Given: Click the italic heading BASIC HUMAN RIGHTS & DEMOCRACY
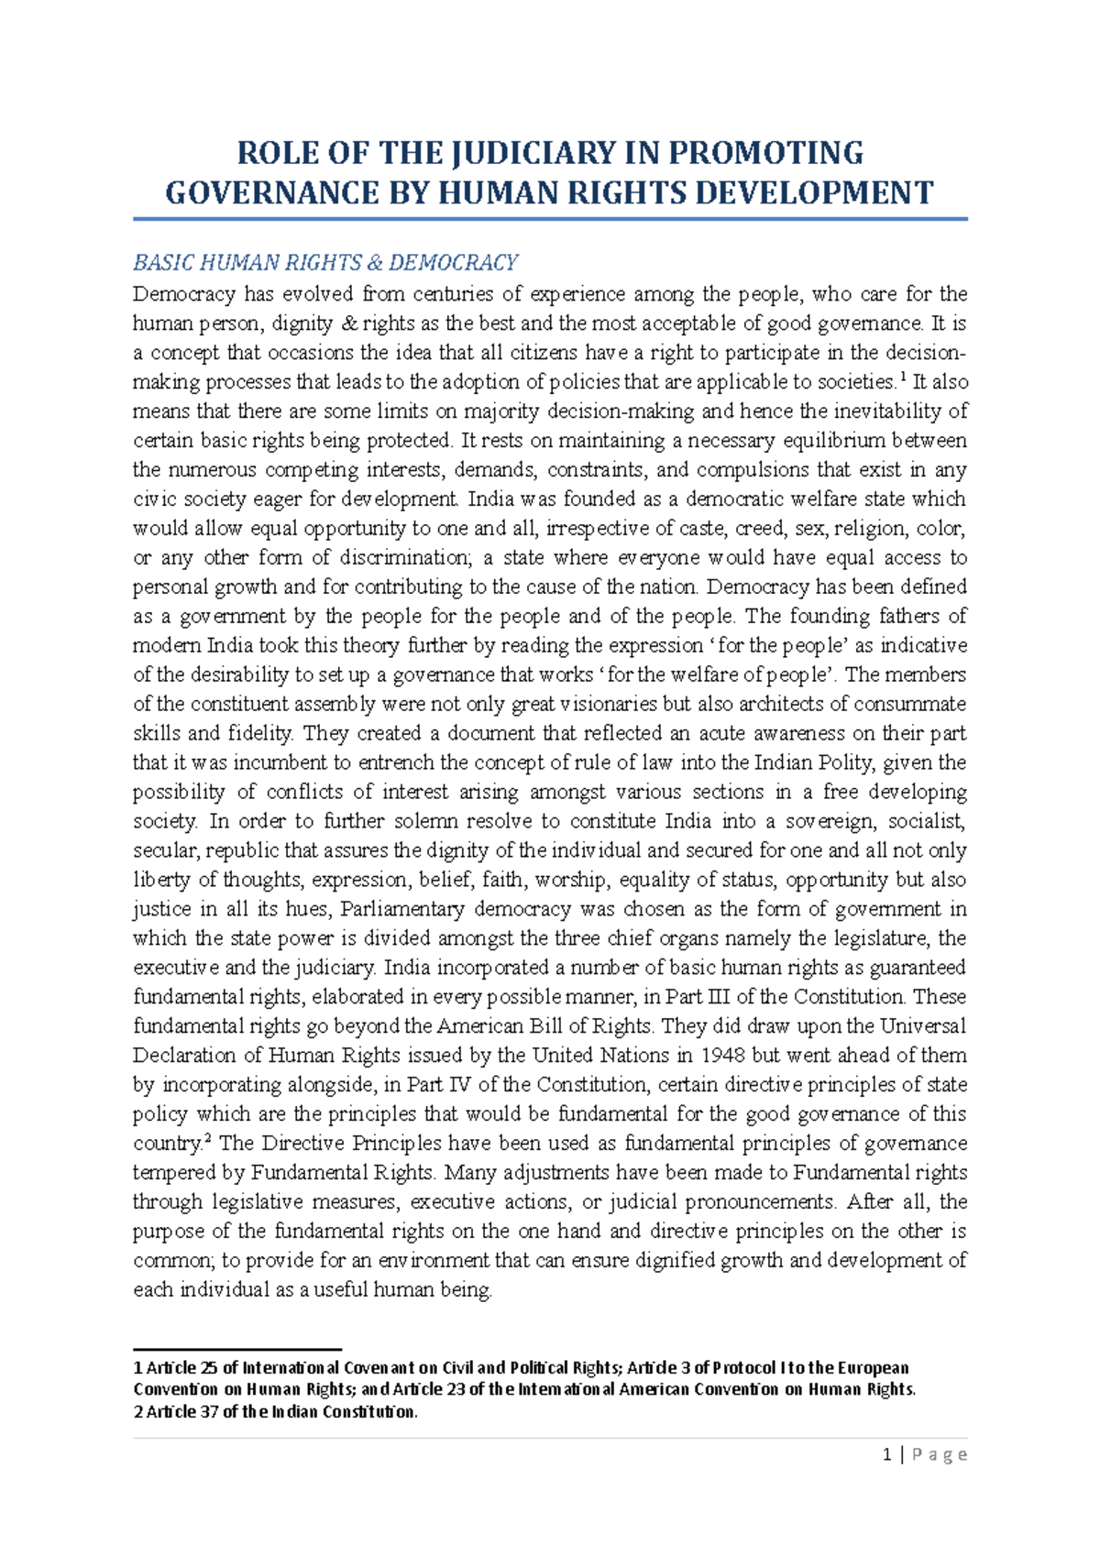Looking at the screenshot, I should (325, 263).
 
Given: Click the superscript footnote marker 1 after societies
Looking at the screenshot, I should (903, 376).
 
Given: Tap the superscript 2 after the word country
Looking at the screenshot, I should (208, 1138).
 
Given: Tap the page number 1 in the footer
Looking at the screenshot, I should (886, 1454).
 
